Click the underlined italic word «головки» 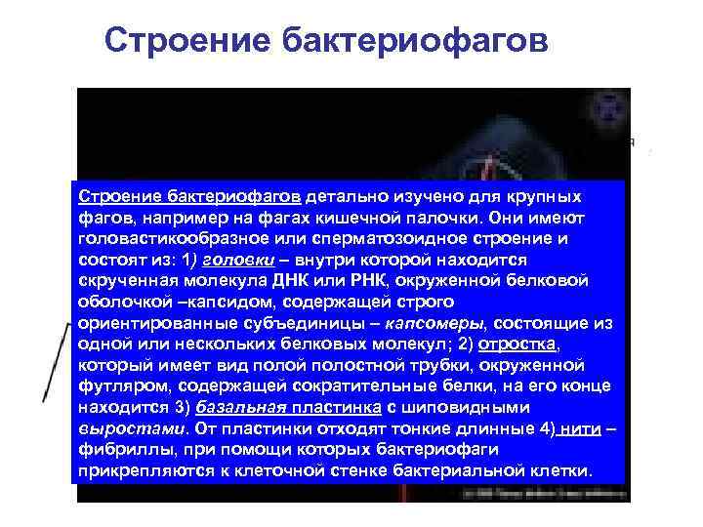click(227, 260)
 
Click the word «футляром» click(122, 386)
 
